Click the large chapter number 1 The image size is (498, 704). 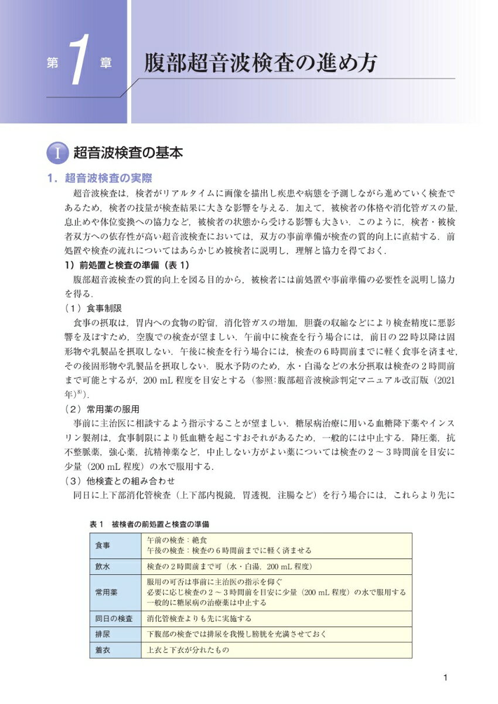click(79, 63)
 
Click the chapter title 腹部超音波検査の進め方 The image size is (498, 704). click(261, 63)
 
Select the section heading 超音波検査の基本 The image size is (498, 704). click(128, 154)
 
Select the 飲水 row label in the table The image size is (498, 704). click(103, 567)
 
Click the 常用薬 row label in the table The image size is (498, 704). click(106, 593)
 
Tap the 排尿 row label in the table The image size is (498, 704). click(103, 634)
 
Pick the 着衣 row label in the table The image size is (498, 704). click(103, 650)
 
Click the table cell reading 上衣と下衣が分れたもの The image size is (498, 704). click(187, 650)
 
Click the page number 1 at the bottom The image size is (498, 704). click(446, 678)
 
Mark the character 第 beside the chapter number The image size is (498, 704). click(51, 64)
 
